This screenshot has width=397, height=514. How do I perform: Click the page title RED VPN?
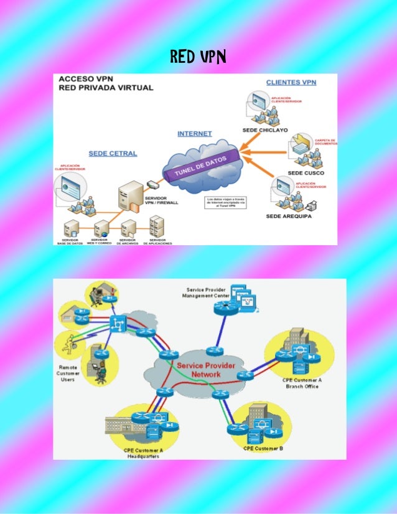[x=197, y=58]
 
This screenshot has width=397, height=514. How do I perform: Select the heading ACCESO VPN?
[x=85, y=79]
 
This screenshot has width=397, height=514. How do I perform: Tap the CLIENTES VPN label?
[x=291, y=82]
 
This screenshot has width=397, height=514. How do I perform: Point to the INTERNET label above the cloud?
[x=195, y=133]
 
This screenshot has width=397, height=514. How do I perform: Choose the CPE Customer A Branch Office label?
[x=302, y=383]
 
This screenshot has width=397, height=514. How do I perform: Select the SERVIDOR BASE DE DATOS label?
[x=70, y=241]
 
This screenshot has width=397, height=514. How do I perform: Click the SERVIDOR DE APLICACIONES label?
[x=157, y=241]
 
